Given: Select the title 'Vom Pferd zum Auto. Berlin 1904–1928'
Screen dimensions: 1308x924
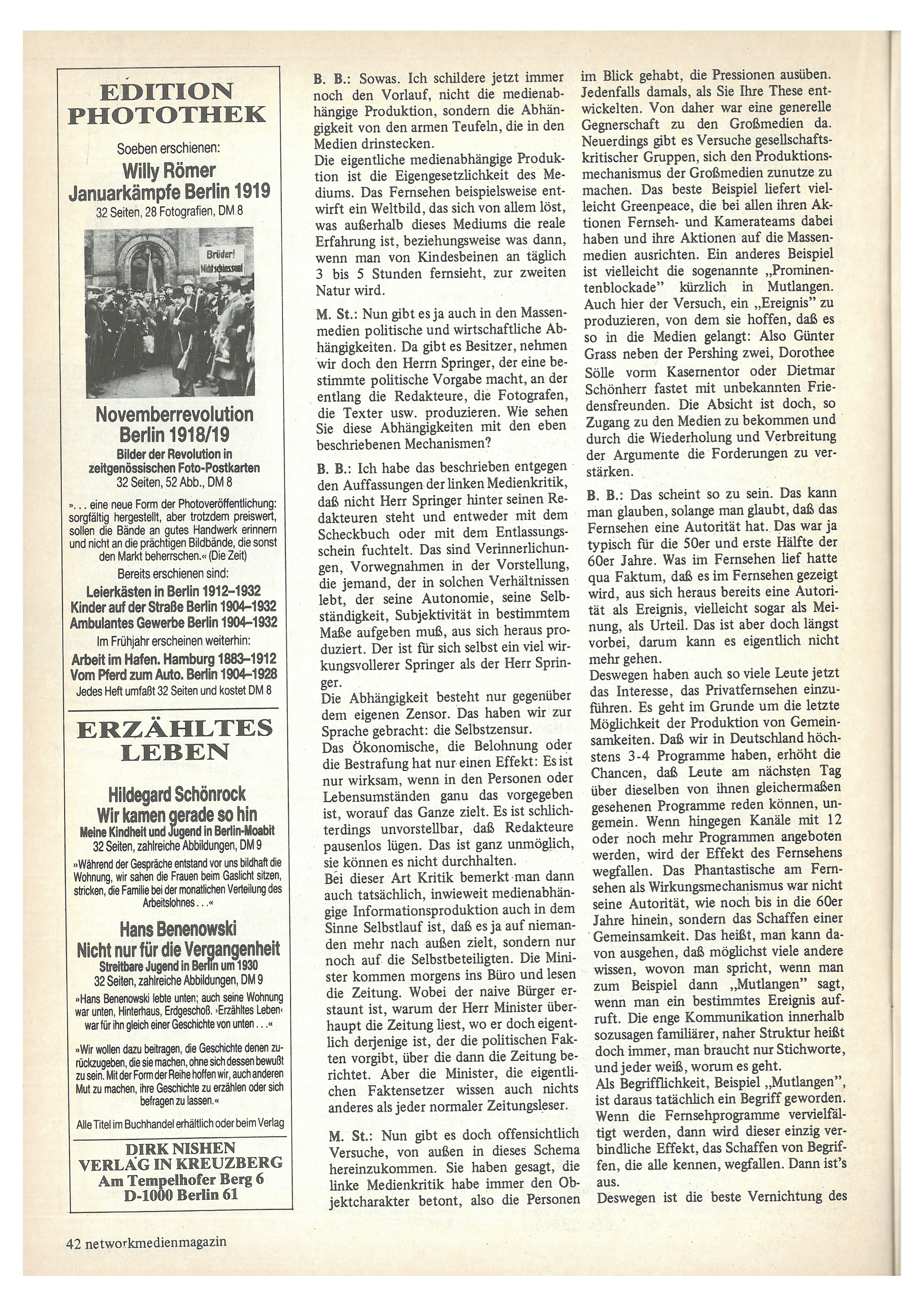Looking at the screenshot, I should tap(173, 674).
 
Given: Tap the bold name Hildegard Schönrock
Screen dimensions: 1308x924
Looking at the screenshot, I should tap(178, 793).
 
